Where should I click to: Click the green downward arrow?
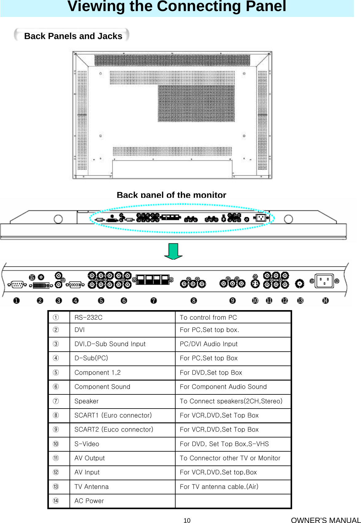pyautogui.click(x=173, y=251)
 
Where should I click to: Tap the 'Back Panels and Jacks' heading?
pyautogui.click(x=73, y=36)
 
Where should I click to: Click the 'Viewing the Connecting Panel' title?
pyautogui.click(x=177, y=7)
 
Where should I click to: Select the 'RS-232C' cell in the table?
pyautogui.click(x=89, y=317)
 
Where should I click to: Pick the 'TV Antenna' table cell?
pyautogui.click(x=92, y=487)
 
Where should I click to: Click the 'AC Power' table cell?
pyautogui.click(x=89, y=501)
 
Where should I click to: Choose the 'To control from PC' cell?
pyautogui.click(x=208, y=317)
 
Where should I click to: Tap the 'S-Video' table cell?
pyautogui.click(x=87, y=444)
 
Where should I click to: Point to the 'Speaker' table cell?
pyautogui.click(x=86, y=401)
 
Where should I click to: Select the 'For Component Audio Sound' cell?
pyautogui.click(x=223, y=387)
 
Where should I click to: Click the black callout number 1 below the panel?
pyautogui.click(x=16, y=300)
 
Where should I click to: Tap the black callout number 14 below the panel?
pyautogui.click(x=325, y=300)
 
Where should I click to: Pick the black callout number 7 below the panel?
pyautogui.click(x=154, y=300)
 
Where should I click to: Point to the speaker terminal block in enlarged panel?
pyautogui.click(x=153, y=280)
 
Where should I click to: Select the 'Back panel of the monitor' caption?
pyautogui.click(x=171, y=195)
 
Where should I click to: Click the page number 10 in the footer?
pyautogui.click(x=187, y=520)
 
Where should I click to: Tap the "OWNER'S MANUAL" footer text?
pyautogui.click(x=326, y=520)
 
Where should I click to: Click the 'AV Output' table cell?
pyautogui.click(x=89, y=458)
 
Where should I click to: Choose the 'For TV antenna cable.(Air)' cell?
pyautogui.click(x=219, y=487)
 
